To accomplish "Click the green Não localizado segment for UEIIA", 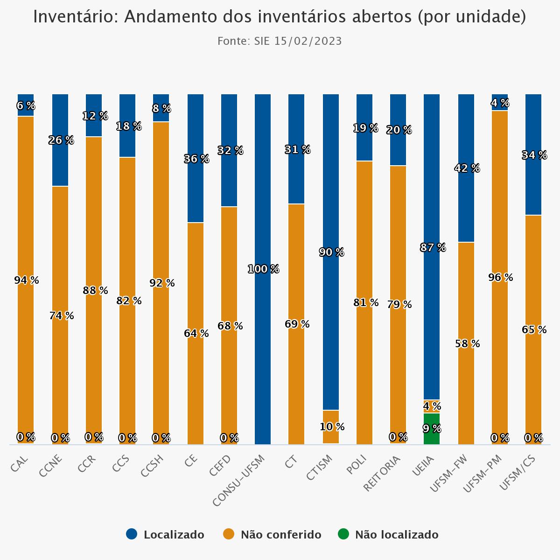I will tap(432, 428).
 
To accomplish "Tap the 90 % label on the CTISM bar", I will tap(331, 252).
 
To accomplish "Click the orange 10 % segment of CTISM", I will tap(331, 427).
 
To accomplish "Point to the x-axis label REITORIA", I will tap(382, 473).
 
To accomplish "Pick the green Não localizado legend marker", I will tap(343, 534).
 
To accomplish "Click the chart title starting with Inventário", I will tap(280, 17).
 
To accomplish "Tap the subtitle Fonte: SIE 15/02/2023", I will tap(280, 41).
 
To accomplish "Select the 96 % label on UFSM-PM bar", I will tap(500, 278).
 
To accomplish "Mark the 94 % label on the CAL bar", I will tap(26, 280).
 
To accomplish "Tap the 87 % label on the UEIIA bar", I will tap(433, 248).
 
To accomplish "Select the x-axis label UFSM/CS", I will tap(517, 473).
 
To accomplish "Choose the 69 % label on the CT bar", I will tap(297, 324).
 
